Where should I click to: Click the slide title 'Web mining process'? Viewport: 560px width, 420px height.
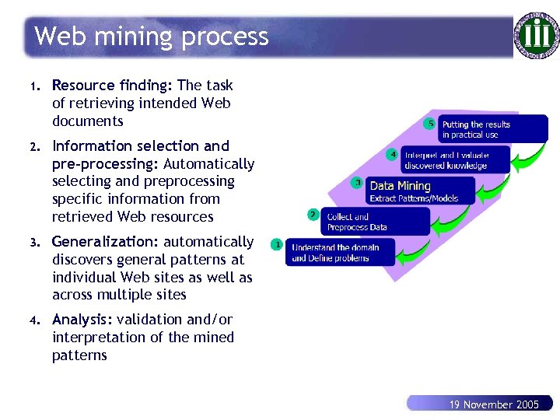click(152, 37)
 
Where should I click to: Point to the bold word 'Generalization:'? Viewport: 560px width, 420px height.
click(105, 242)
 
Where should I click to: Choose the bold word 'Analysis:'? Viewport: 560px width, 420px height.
click(82, 320)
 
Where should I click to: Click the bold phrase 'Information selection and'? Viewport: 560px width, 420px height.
click(141, 146)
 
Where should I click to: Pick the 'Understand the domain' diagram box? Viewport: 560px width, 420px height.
click(340, 252)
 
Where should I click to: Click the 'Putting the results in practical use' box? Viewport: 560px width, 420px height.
click(493, 129)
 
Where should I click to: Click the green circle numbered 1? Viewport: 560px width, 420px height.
click(276, 244)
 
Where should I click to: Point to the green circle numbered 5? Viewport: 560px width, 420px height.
click(429, 124)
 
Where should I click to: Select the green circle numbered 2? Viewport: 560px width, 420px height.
click(313, 214)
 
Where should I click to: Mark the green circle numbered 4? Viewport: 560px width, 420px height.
click(393, 154)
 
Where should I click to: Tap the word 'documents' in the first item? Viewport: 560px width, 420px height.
click(88, 121)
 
